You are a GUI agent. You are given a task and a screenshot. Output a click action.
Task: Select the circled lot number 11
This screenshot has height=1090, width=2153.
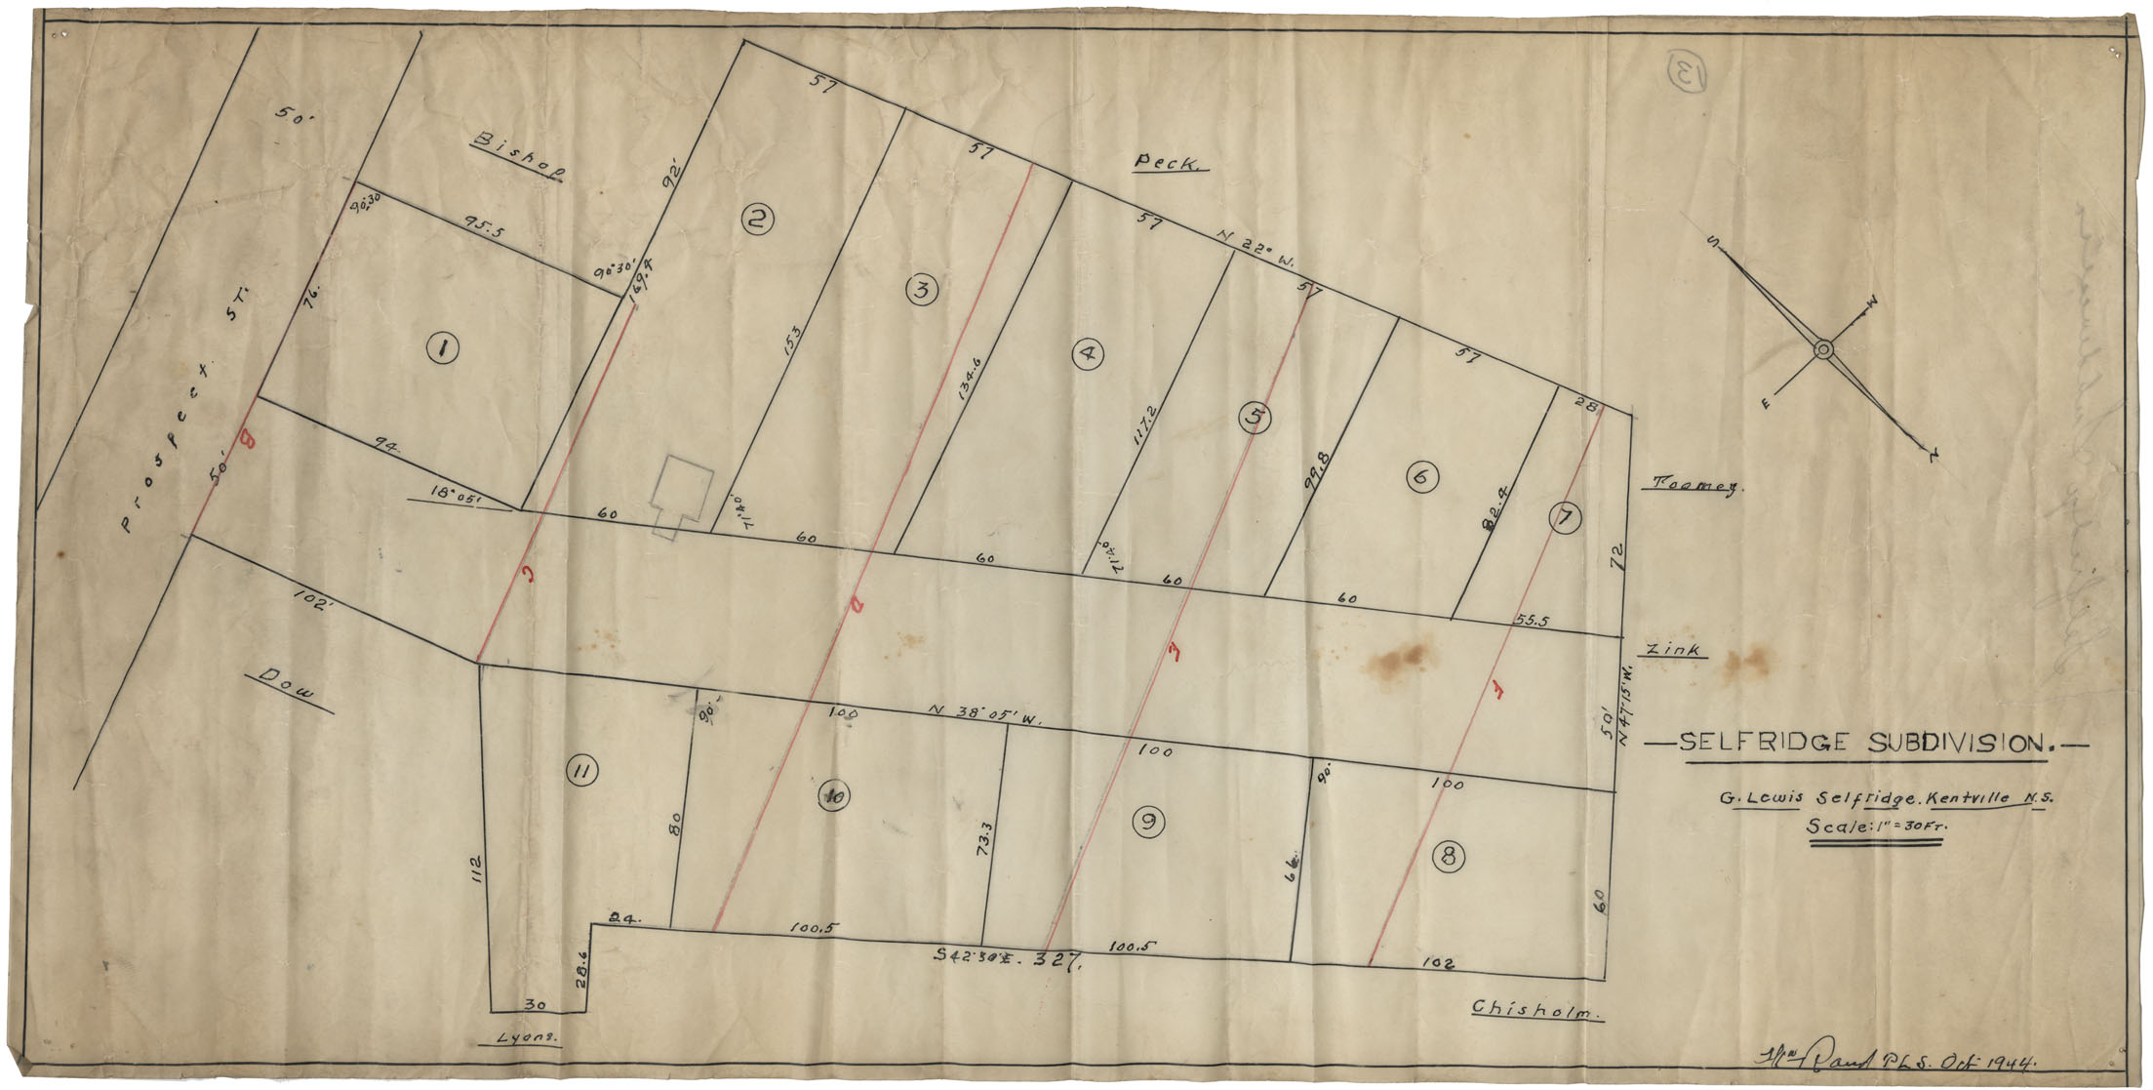pyautogui.click(x=581, y=773)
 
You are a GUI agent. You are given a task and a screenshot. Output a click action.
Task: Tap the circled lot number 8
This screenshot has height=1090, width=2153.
pyautogui.click(x=1448, y=857)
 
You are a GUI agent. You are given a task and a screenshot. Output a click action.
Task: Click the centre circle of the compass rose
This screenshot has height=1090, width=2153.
pyautogui.click(x=1822, y=349)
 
